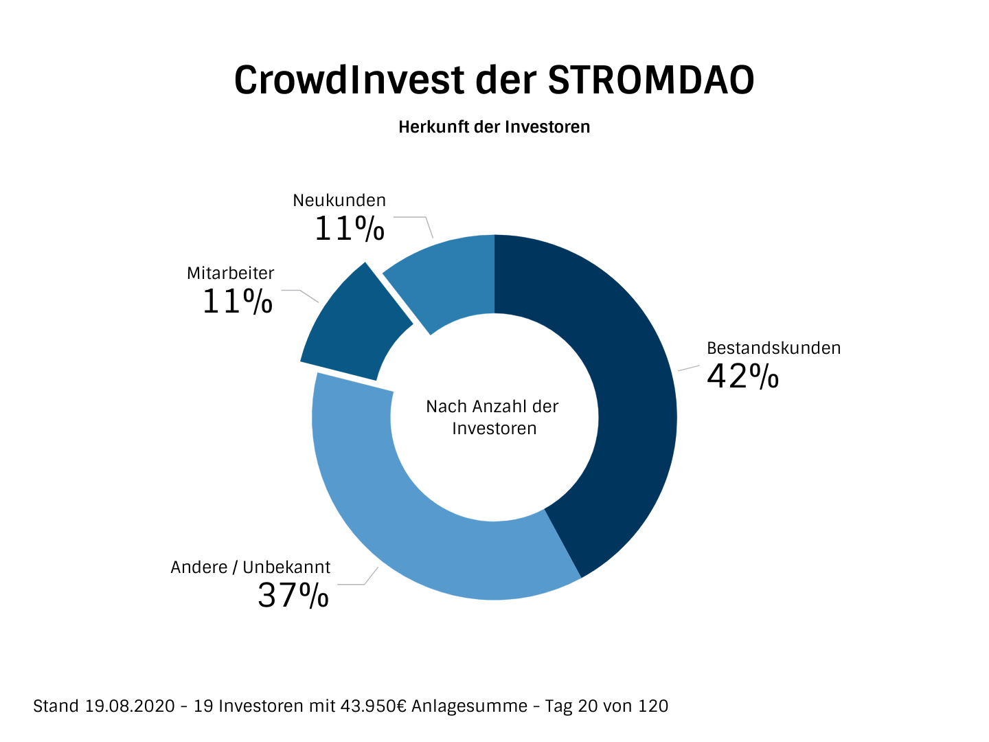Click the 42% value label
pos(742,376)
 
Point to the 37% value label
pos(293,596)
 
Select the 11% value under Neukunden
pos(349,229)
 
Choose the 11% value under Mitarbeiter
pos(237,302)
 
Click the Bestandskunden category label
pos(773,348)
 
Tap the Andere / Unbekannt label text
pos(250,567)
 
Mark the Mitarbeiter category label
pos(230,273)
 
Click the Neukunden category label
pos(339,201)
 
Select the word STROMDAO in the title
pos(650,80)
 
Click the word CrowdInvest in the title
pos(349,80)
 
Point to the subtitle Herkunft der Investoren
pos(494,127)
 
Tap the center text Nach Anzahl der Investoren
pos(493,417)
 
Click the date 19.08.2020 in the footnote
pos(130,706)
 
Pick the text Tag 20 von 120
pos(606,706)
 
